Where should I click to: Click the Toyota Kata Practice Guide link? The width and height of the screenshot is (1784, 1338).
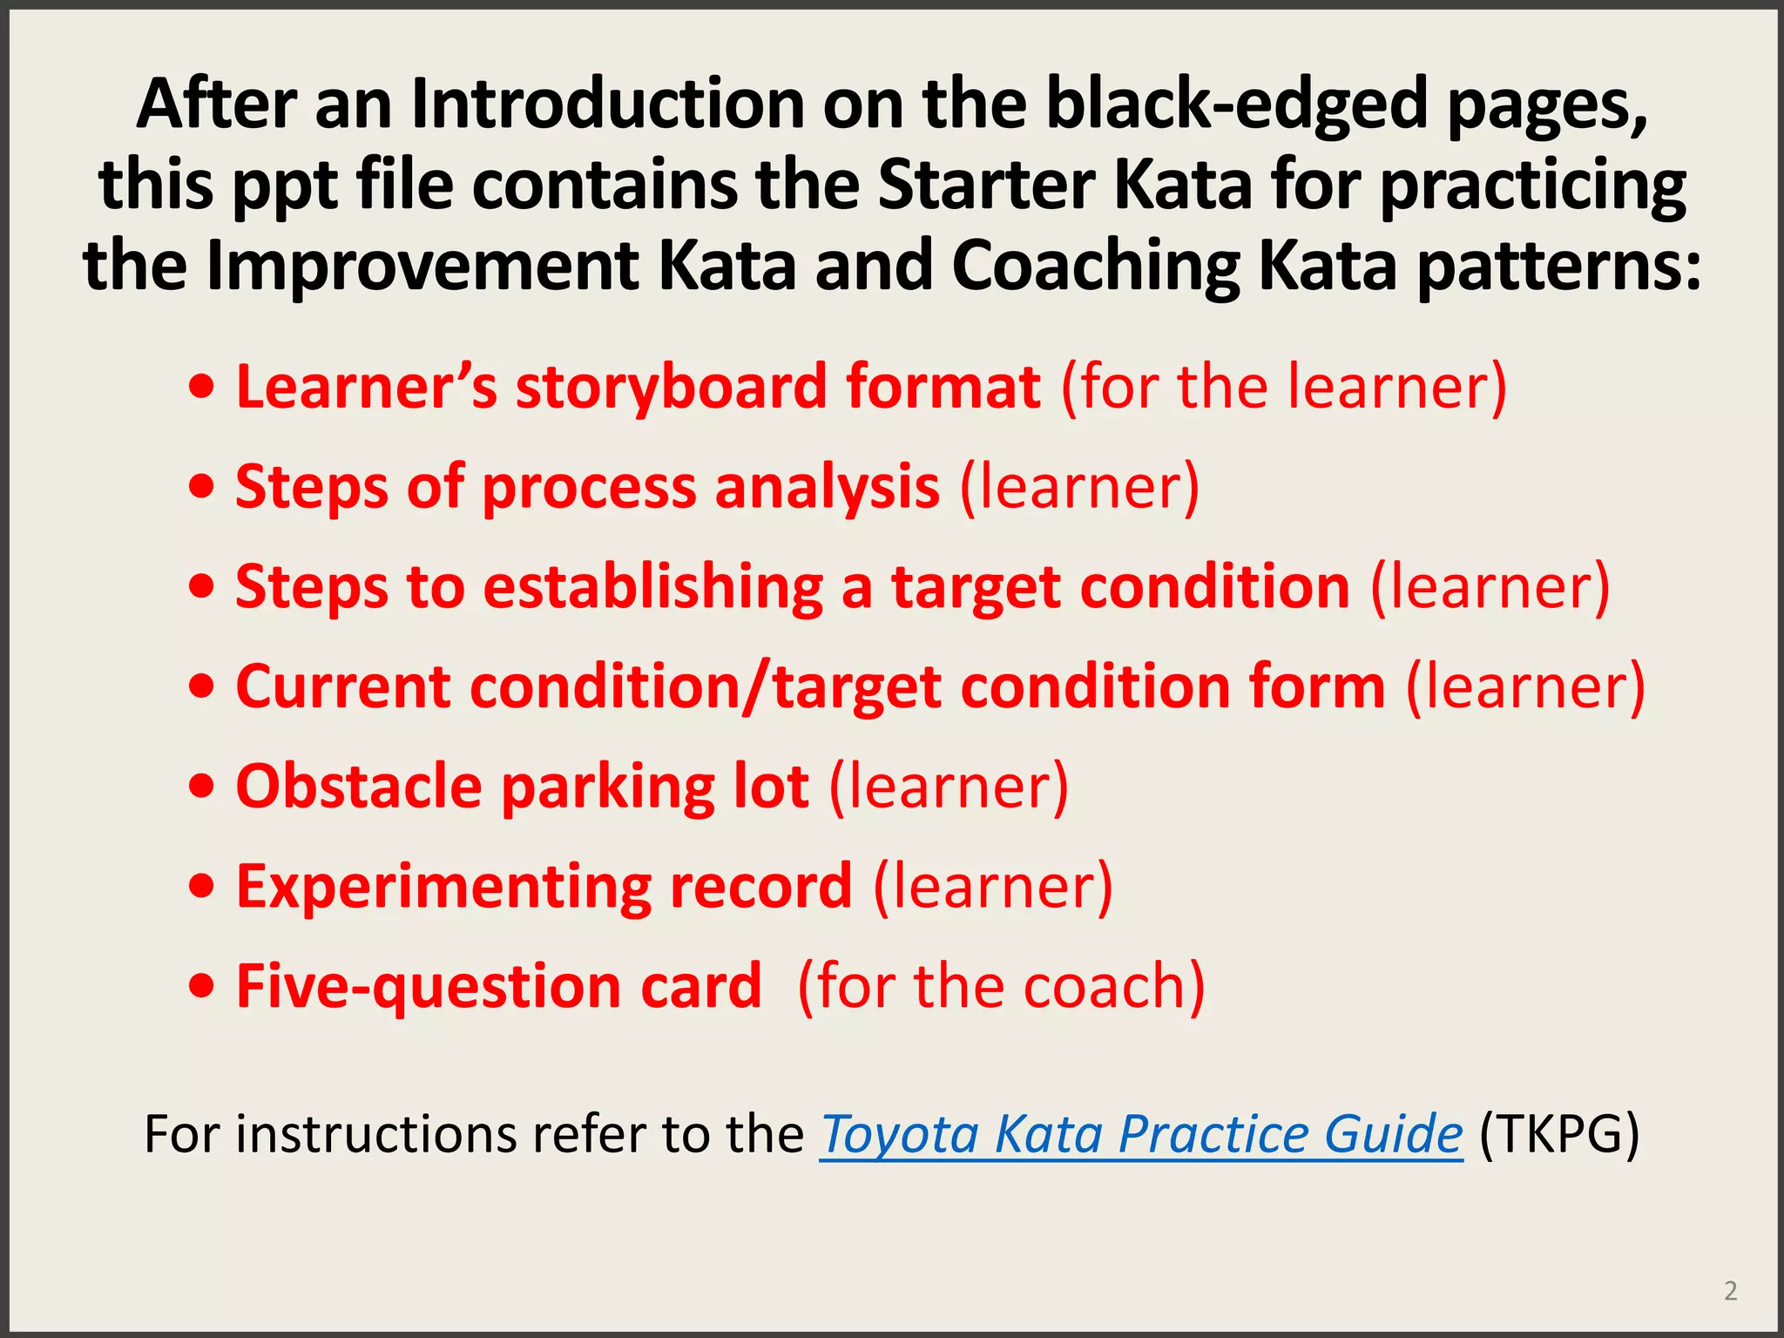coord(1140,1134)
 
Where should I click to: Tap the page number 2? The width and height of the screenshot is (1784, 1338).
coord(1730,1290)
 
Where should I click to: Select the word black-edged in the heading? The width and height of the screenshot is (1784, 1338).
coord(1236,105)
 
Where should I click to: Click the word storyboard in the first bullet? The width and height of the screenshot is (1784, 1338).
coord(671,387)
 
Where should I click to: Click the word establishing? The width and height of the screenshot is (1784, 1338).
coord(652,587)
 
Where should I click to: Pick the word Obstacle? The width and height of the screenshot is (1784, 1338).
coord(359,787)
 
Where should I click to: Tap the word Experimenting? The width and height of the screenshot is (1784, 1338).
coord(443,887)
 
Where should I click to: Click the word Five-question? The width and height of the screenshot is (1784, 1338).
coord(427,986)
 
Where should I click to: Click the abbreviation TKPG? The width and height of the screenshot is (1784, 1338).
coord(1559,1134)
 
